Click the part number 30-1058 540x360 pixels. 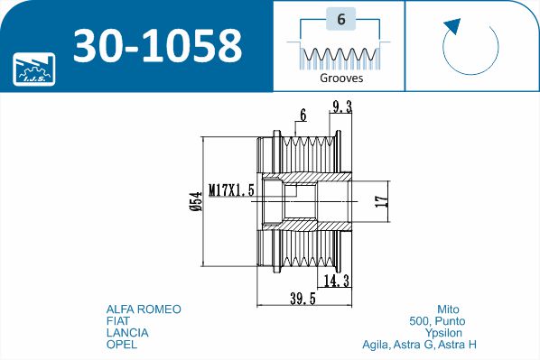157,45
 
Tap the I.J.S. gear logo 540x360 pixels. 33,69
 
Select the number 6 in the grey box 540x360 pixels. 341,19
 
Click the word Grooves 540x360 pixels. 341,78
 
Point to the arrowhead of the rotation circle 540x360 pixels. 453,26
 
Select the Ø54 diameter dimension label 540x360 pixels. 196,201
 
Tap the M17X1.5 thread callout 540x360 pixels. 231,189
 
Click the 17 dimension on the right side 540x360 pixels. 381,201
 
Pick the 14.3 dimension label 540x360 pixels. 337,282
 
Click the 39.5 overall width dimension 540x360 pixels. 303,299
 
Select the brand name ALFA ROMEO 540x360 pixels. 144,309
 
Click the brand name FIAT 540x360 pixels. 117,321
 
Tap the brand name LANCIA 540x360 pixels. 127,332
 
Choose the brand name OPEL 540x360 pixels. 122,344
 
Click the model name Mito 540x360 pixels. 448,309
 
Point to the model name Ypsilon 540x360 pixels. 444,332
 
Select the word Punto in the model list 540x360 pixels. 450,321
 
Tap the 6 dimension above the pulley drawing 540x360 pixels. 303,115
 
